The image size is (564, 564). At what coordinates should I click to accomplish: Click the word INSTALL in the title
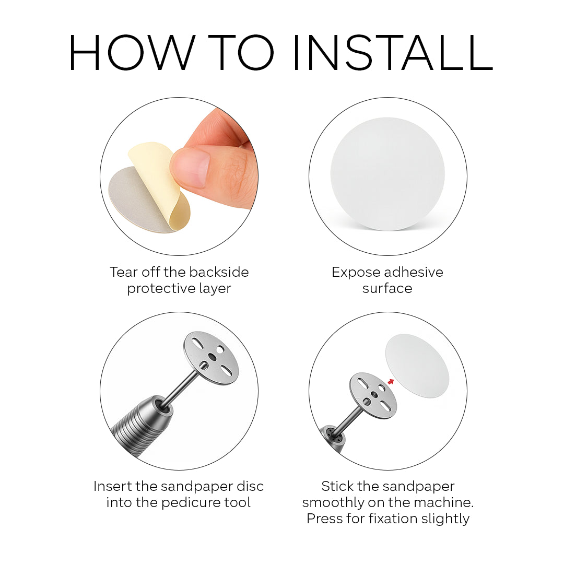pos(393,53)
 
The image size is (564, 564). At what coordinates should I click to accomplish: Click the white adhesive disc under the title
pos(387,174)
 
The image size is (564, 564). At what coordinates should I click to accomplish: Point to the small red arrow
pos(391,382)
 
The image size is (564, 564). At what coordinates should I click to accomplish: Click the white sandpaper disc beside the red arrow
pos(417,366)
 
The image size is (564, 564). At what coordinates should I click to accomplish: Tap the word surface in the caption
pos(387,288)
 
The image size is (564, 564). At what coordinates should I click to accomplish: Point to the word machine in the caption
pos(443,502)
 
